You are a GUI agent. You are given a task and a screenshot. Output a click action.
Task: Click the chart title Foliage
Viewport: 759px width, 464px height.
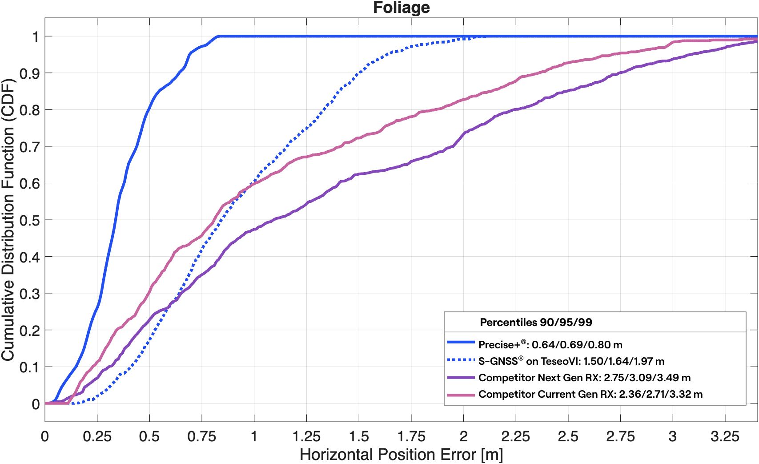[x=401, y=8]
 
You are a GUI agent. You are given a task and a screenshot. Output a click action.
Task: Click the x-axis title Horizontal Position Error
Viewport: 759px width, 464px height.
[x=401, y=454]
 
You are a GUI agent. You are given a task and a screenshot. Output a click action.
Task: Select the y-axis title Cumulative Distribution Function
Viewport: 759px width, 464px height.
[x=8, y=220]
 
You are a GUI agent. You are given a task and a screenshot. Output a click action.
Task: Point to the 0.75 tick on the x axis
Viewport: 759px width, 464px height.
[x=201, y=436]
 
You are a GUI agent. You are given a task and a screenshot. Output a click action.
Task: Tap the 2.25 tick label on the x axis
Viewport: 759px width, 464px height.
[x=515, y=436]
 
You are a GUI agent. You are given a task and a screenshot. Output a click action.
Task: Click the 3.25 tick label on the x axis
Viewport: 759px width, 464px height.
[x=725, y=436]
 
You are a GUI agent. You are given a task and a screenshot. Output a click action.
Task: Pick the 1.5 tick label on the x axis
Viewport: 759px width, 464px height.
[x=359, y=436]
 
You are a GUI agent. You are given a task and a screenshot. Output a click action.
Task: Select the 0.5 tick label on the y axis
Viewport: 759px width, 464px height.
[x=29, y=220]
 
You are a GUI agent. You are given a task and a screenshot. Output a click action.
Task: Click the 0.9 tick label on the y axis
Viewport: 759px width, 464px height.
[x=29, y=73]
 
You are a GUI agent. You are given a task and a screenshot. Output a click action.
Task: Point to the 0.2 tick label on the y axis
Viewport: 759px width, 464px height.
[x=29, y=331]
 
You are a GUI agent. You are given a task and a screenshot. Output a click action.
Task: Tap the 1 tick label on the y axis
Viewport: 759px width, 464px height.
[x=36, y=36]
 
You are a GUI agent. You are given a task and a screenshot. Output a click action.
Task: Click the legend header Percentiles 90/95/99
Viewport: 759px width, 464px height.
[x=536, y=322]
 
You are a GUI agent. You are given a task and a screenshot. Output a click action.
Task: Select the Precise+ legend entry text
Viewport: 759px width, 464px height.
[x=550, y=344]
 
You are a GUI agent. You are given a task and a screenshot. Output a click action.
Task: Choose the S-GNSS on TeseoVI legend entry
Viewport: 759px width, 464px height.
[x=571, y=361]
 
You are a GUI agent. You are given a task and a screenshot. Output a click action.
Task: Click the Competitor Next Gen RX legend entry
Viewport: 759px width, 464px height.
[x=584, y=378]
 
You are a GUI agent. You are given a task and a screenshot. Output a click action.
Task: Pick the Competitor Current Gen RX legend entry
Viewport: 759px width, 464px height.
[x=590, y=394]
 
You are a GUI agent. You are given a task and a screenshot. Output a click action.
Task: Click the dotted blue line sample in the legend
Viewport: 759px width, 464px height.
[x=461, y=359]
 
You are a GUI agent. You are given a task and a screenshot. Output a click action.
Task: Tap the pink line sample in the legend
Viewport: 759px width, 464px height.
[x=461, y=395]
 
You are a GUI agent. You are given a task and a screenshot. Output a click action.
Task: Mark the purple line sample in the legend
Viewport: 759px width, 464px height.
[x=461, y=378]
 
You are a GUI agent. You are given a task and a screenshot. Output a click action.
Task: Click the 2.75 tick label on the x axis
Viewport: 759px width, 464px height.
[x=620, y=436]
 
